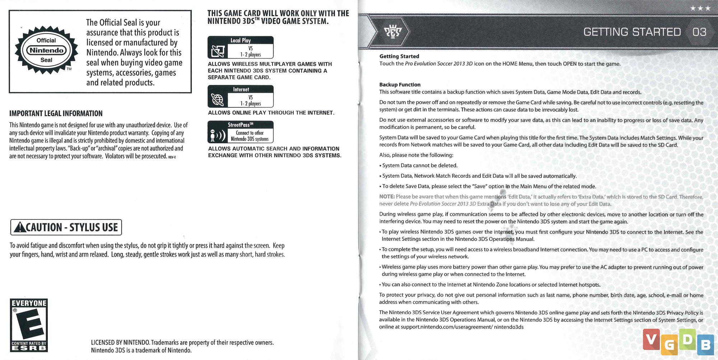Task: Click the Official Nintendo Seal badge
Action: [x=46, y=50]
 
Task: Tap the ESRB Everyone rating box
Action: [x=29, y=325]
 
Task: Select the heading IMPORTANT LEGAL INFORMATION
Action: [x=56, y=113]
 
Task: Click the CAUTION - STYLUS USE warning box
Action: [x=66, y=227]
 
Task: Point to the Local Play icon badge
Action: [x=241, y=47]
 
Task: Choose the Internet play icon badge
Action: [x=241, y=96]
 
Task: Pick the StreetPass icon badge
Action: [x=241, y=132]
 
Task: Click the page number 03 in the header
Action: [x=699, y=32]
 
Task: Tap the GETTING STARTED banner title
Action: [x=632, y=32]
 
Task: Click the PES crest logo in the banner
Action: [x=393, y=32]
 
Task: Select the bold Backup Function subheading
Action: [x=400, y=85]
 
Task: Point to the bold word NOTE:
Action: [x=387, y=197]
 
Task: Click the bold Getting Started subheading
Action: [x=399, y=56]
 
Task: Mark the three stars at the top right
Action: [x=700, y=8]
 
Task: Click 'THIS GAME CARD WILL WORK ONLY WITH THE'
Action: [x=278, y=13]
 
